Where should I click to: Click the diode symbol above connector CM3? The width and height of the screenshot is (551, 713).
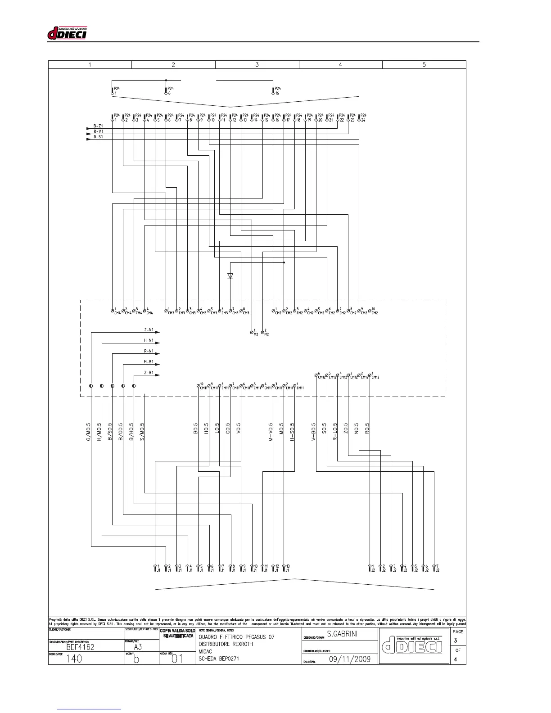(230, 276)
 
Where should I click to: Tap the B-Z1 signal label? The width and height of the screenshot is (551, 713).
(98, 126)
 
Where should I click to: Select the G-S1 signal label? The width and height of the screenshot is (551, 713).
(98, 136)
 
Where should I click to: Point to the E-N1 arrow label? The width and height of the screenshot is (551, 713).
(149, 330)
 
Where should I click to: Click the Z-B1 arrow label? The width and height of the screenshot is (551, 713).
(149, 373)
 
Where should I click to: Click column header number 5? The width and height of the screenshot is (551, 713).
(424, 64)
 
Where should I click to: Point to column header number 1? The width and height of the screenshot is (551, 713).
(90, 64)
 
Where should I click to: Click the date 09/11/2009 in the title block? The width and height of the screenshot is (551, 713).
(350, 659)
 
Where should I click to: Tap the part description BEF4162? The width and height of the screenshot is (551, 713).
(80, 647)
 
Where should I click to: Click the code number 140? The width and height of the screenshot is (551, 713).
(74, 659)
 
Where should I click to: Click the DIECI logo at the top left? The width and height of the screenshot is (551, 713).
(67, 33)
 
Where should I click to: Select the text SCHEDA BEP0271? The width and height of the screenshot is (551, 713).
(219, 659)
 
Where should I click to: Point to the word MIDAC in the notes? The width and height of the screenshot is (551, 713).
(205, 651)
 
